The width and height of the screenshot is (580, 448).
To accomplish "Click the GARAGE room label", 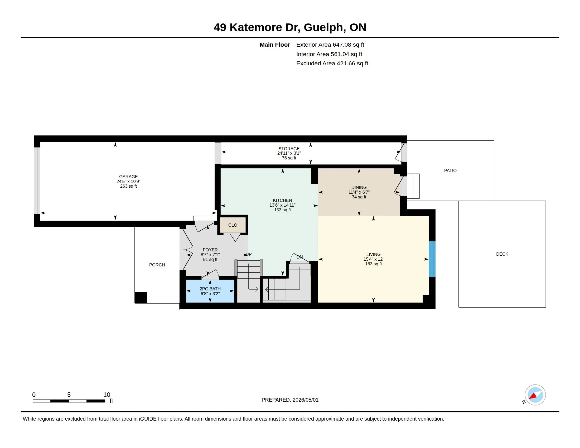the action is click(x=128, y=177).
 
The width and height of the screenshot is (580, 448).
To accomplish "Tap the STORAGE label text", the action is click(x=289, y=149).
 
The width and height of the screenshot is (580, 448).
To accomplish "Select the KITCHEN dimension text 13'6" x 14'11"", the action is click(x=282, y=205).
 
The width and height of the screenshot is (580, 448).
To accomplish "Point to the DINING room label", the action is click(x=359, y=187).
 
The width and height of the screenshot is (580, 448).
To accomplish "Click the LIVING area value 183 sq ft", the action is click(x=373, y=264).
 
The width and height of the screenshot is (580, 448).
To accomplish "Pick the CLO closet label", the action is click(x=233, y=225).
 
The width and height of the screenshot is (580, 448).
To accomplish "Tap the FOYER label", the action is click(x=210, y=250).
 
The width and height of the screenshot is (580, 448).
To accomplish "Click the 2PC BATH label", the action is click(x=210, y=289).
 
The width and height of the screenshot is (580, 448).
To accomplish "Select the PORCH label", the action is click(x=157, y=265).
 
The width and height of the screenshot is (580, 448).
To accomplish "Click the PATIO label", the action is click(x=450, y=171).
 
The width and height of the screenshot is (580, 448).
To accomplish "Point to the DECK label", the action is click(x=502, y=254).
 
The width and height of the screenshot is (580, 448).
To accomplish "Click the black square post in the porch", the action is click(x=141, y=297).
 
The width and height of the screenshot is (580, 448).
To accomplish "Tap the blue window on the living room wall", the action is click(x=432, y=259).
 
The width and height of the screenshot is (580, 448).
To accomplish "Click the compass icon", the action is click(x=535, y=395).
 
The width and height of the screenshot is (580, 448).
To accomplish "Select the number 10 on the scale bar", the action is click(x=107, y=395).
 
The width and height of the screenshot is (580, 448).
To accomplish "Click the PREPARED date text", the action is click(x=290, y=400).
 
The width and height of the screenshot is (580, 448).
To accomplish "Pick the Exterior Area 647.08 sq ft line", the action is click(x=330, y=45).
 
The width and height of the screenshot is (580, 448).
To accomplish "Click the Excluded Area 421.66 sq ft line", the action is click(x=332, y=64).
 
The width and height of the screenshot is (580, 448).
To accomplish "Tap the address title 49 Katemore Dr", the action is click(x=257, y=27).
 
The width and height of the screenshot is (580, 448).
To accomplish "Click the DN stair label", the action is click(x=299, y=257).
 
